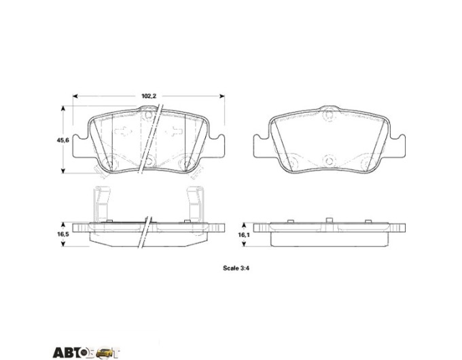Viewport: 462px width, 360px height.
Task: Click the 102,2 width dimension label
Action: pos(149,96)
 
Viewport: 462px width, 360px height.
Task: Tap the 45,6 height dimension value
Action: pos(63,141)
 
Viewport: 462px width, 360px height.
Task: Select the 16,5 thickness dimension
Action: pos(63,234)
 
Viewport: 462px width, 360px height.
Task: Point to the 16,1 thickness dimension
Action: pos(243,235)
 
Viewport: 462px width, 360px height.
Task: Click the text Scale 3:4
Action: pos(236,268)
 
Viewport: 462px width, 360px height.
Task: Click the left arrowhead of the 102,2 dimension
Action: pos(75,96)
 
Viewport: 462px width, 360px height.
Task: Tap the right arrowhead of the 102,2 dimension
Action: pos(222,96)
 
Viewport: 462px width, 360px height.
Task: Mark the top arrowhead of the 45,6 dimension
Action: pos(63,108)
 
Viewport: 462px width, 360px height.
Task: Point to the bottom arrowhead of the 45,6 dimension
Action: pos(63,171)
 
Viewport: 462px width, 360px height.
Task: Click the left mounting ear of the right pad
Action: pos(262,146)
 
